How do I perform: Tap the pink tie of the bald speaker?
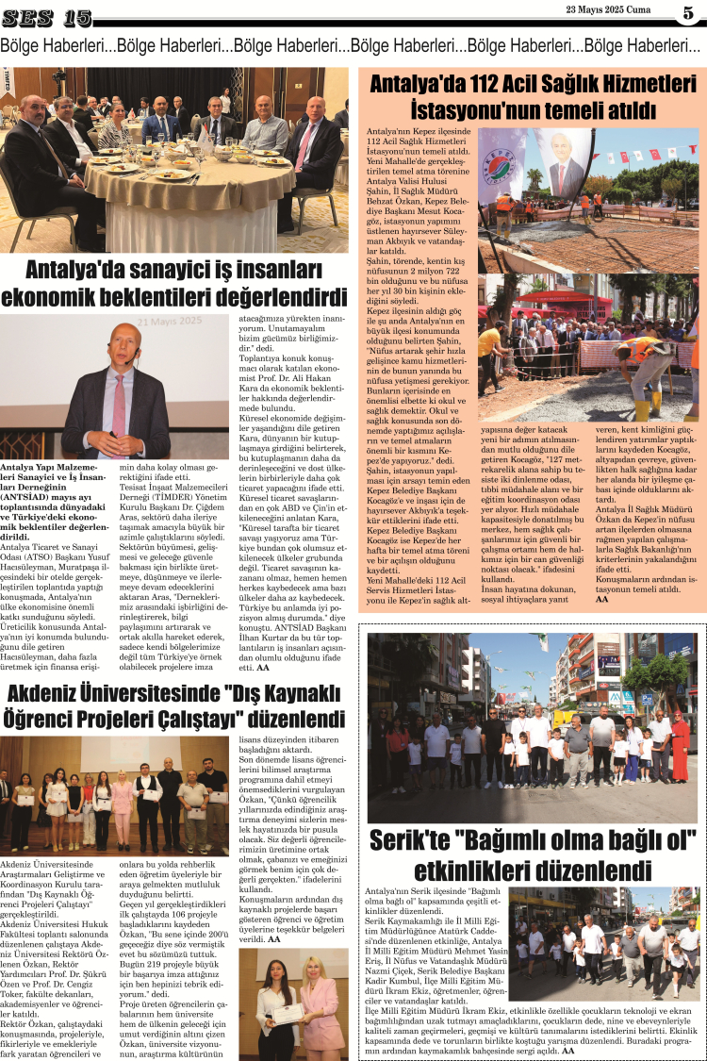pyautogui.click(x=120, y=406)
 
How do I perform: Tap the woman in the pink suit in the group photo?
pyautogui.click(x=122, y=803)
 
